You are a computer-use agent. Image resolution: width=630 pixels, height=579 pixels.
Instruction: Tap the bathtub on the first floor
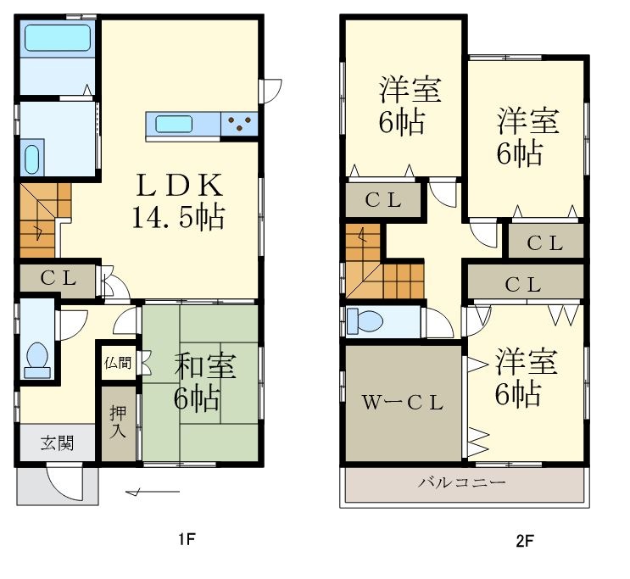(57, 39)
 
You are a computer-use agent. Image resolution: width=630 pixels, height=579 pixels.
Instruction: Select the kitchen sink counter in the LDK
(183, 125)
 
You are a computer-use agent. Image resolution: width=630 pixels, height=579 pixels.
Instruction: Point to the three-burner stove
(239, 125)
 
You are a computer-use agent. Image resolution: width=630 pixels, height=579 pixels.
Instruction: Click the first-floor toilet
(37, 358)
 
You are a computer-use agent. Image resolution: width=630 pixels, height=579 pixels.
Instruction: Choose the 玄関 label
(57, 442)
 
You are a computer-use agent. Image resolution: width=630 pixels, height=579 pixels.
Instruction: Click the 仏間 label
(118, 363)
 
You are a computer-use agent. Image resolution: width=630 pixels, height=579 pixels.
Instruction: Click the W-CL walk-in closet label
(403, 404)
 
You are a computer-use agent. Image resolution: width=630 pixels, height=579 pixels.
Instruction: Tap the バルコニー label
(462, 482)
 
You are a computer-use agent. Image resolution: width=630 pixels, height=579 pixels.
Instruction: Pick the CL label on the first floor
(57, 278)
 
